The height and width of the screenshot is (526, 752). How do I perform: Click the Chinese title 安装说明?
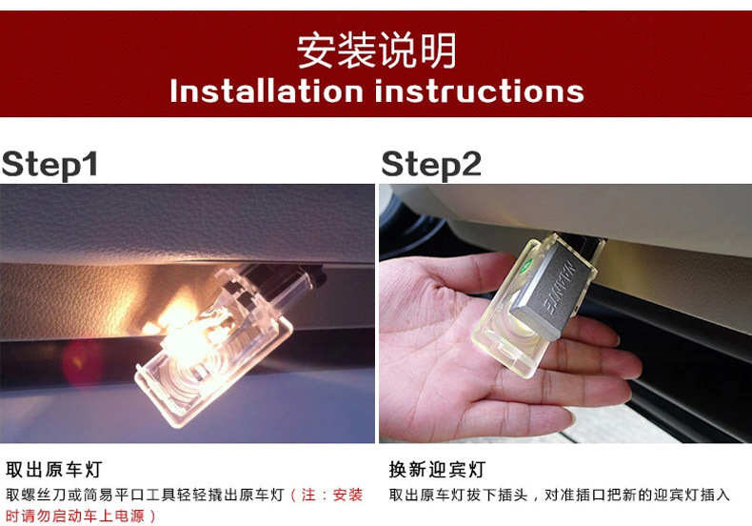(x=376, y=51)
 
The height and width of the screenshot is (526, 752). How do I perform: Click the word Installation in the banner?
(x=267, y=91)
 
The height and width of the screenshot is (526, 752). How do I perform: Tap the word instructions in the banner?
(x=479, y=91)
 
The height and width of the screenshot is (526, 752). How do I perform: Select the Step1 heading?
(x=49, y=165)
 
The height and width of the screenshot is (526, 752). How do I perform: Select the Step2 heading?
(x=430, y=165)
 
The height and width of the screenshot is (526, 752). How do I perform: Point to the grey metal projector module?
(x=549, y=293)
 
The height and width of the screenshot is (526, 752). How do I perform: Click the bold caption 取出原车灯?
(x=53, y=469)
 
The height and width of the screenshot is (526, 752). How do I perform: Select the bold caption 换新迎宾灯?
(x=437, y=469)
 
